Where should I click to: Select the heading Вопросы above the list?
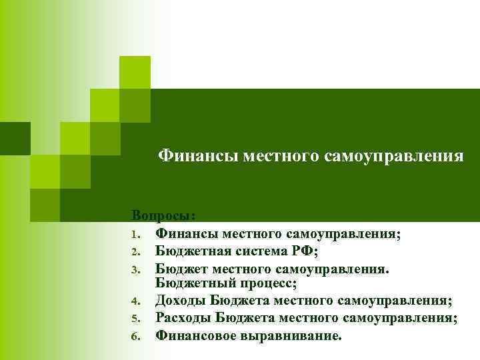pyautogui.click(x=163, y=216)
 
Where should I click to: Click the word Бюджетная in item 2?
pyautogui.click(x=190, y=251)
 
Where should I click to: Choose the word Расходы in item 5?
pyautogui.click(x=184, y=318)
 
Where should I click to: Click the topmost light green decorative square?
pyautogui.click(x=135, y=72)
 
